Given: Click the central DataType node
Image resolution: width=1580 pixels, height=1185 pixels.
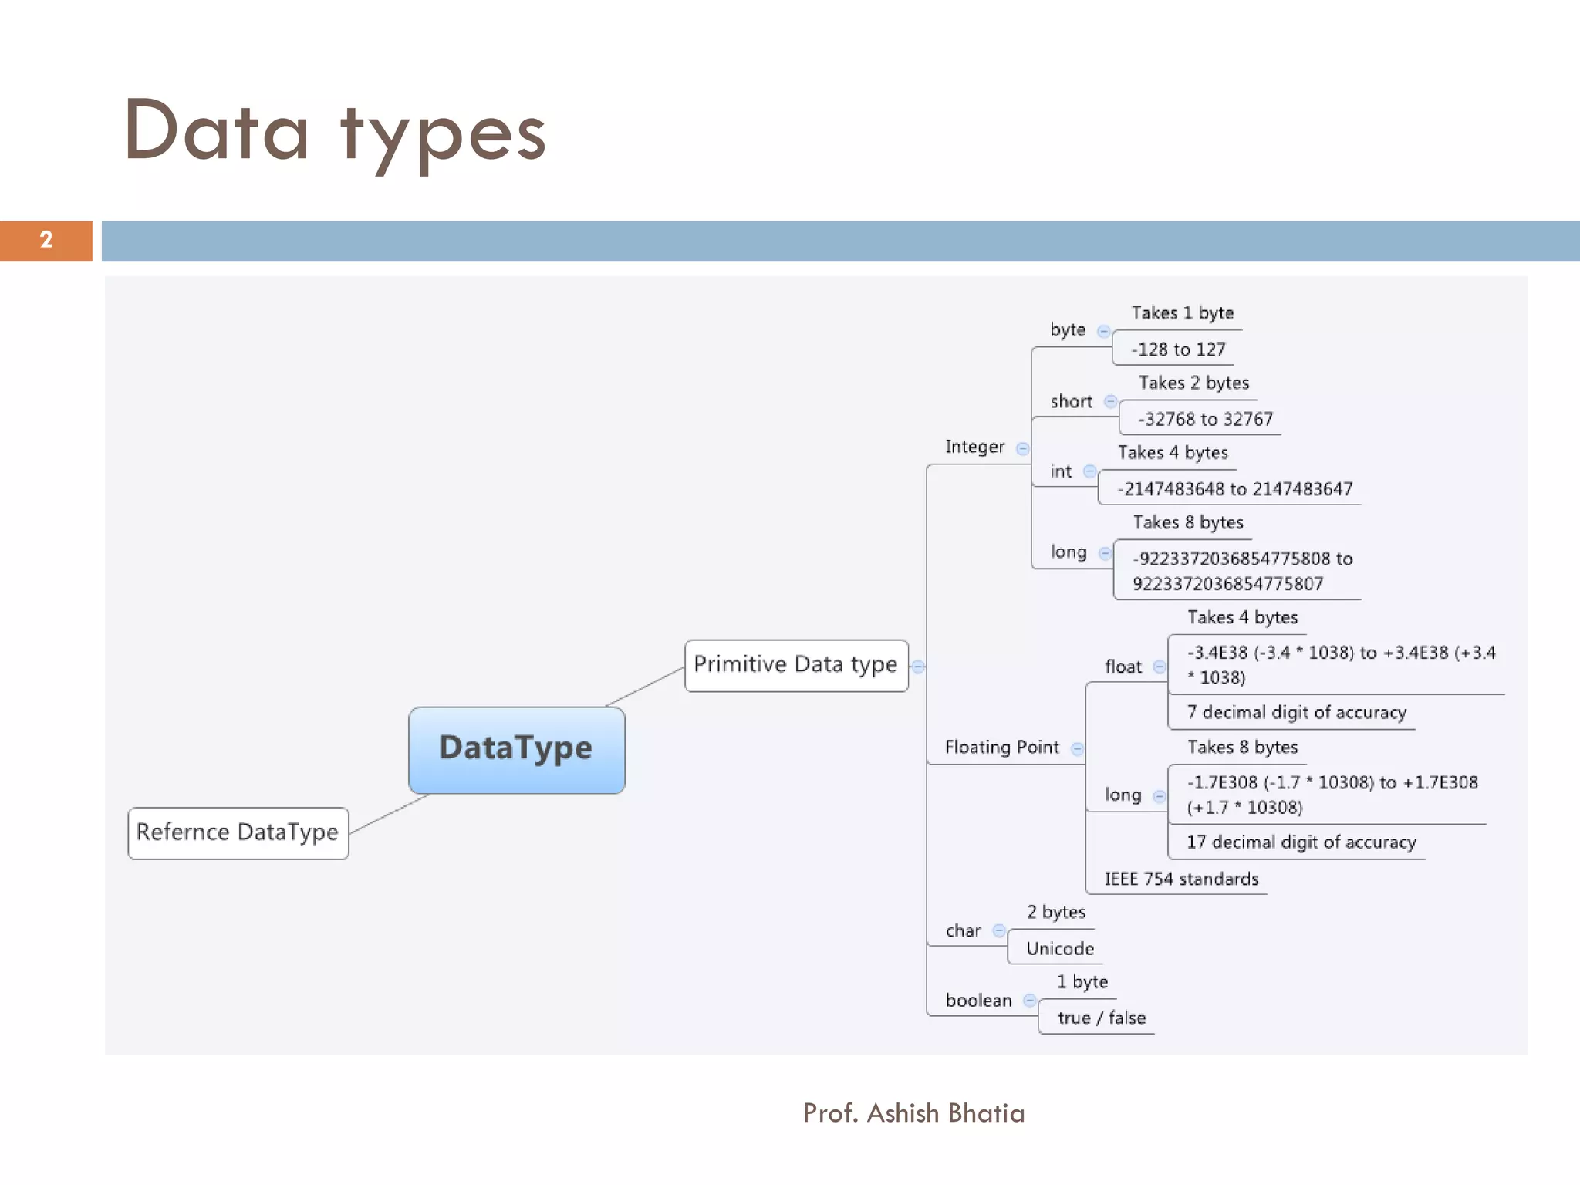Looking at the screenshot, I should tap(516, 749).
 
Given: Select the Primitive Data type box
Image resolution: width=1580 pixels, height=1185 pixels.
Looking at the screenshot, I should tap(795, 665).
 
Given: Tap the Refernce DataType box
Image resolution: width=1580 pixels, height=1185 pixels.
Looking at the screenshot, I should tap(238, 832).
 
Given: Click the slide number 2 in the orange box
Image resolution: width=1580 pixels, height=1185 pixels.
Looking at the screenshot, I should tap(46, 240).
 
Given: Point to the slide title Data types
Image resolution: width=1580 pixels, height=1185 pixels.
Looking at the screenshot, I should tap(335, 133).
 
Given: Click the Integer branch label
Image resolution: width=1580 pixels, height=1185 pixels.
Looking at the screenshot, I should tap(974, 447).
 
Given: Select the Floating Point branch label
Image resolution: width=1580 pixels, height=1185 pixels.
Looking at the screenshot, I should tap(1001, 748).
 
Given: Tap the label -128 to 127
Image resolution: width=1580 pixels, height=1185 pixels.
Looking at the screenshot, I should tap(1178, 350).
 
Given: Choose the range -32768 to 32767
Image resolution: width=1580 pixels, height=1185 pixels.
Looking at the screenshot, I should tap(1205, 420).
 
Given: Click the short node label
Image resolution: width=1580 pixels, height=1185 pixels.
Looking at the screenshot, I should tap(1071, 402).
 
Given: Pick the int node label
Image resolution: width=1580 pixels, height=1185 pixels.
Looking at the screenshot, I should tap(1060, 471).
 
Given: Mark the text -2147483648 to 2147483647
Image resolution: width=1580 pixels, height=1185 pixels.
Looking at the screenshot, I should tap(1234, 489).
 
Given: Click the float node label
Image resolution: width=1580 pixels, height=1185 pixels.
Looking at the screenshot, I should tap(1123, 667).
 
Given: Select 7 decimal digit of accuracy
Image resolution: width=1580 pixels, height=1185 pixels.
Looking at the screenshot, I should tap(1296, 713).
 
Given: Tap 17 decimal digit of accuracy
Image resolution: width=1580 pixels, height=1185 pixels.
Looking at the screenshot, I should tap(1301, 842).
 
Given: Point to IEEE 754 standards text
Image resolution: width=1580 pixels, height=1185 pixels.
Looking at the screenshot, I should tap(1181, 879).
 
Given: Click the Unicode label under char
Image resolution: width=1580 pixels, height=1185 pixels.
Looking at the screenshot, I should tap(1059, 949).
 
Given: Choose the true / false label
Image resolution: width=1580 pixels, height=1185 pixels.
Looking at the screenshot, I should tap(1101, 1018).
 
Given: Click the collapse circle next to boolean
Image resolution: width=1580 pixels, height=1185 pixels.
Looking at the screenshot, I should tap(1029, 1001).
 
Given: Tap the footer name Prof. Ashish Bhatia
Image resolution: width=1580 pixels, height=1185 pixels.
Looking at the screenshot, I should tap(913, 1113).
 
